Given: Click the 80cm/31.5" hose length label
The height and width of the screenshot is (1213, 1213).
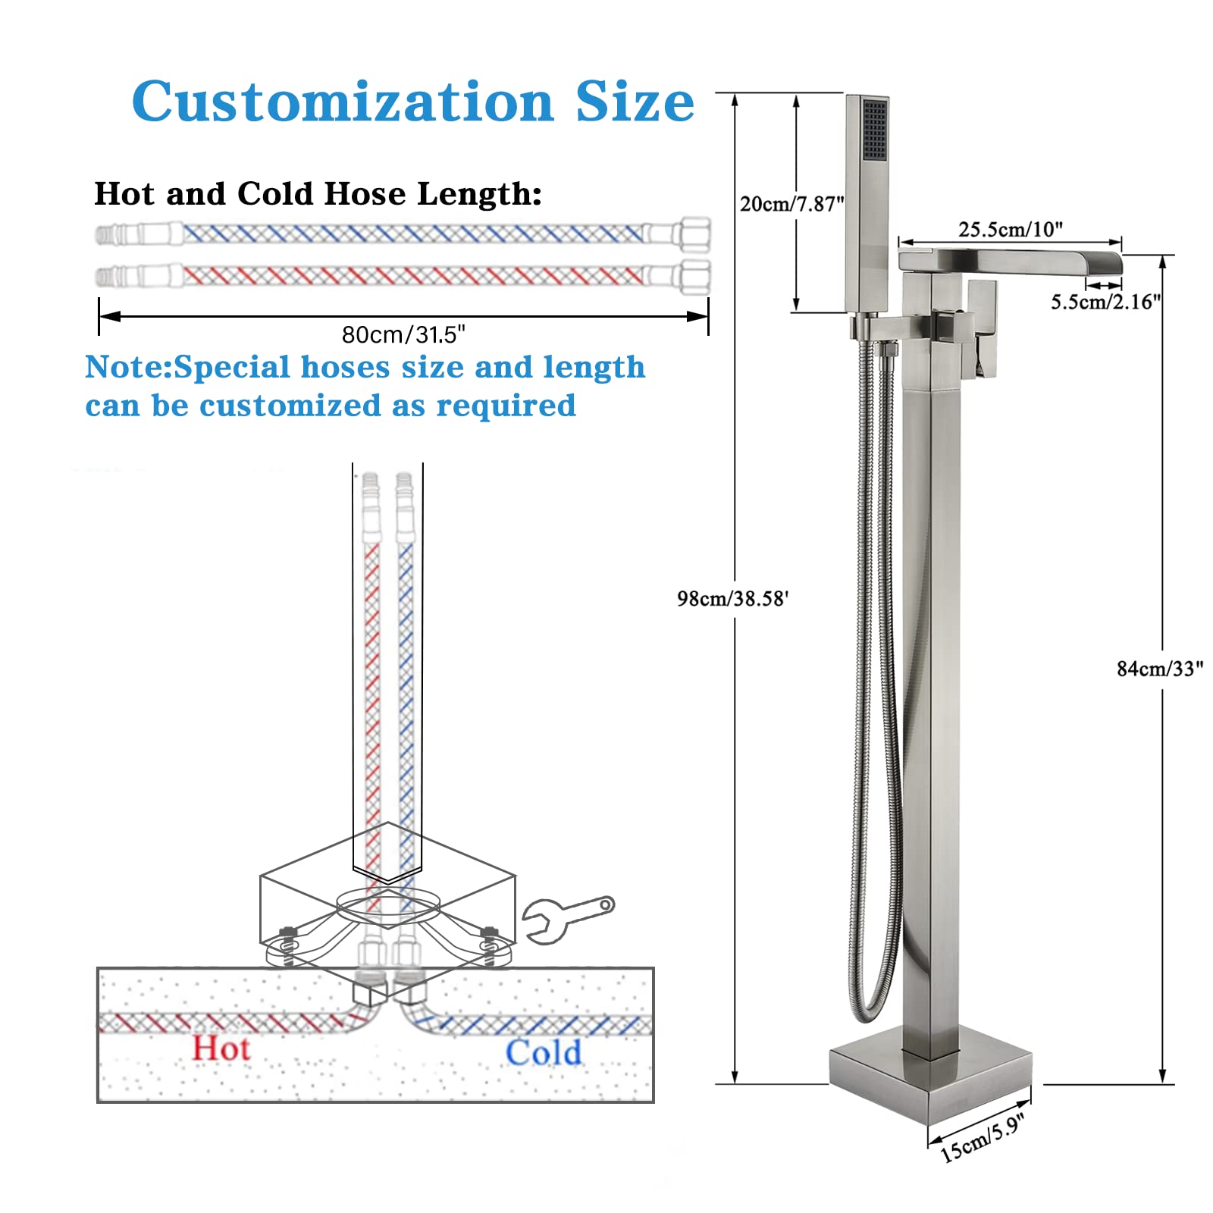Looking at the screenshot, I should pyautogui.click(x=403, y=334).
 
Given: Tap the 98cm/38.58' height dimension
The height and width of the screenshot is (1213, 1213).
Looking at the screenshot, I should pyautogui.click(x=732, y=599).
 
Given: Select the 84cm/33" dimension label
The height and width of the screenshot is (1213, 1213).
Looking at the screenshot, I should pyautogui.click(x=1159, y=669).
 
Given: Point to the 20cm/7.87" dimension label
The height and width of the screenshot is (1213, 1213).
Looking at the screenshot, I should pyautogui.click(x=791, y=204).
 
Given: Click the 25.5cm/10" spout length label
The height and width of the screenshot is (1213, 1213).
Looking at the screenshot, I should pyautogui.click(x=1010, y=229).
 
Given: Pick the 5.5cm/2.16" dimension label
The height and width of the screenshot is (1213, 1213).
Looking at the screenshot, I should pyautogui.click(x=1105, y=302).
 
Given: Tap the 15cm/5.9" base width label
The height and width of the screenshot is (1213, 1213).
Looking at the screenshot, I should pyautogui.click(x=983, y=1139).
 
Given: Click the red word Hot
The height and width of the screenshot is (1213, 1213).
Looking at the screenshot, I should pyautogui.click(x=221, y=1048).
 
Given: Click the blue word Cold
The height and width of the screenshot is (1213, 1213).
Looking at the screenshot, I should pyautogui.click(x=543, y=1052).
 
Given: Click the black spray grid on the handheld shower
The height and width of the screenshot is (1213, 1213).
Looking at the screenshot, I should pyautogui.click(x=874, y=130).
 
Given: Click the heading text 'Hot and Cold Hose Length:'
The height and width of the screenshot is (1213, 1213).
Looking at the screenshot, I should pyautogui.click(x=318, y=194).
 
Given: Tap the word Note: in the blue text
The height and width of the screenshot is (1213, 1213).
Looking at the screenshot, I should pyautogui.click(x=129, y=368).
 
